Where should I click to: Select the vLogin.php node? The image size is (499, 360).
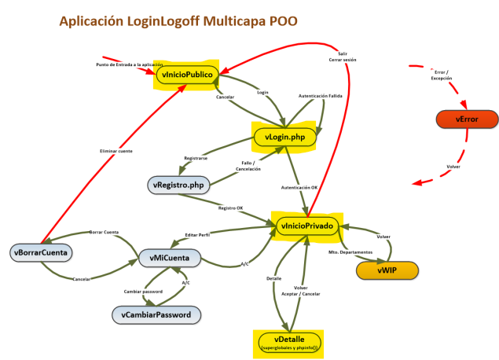point(284,137)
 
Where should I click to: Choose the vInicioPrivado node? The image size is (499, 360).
point(306,225)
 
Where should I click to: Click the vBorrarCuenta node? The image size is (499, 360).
point(42,252)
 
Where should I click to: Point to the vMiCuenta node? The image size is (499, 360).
point(169,257)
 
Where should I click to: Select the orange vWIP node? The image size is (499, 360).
point(386,270)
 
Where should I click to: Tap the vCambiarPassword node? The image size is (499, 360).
point(156,314)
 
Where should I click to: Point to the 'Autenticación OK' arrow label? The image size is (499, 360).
point(299,188)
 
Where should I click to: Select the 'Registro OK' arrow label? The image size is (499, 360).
point(230,208)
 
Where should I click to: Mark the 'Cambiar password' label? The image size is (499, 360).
point(143,291)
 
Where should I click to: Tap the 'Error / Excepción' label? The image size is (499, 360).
point(442,75)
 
